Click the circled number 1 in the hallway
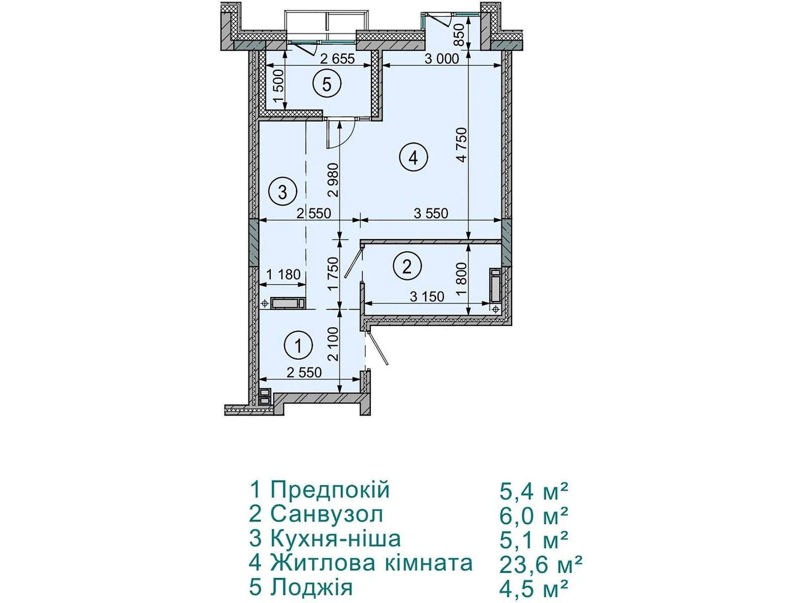[x=298, y=345]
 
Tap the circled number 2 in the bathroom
[x=408, y=266]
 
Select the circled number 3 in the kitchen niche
[x=282, y=191]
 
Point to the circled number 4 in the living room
[x=413, y=158]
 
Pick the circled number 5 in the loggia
[x=327, y=84]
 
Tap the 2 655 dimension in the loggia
[x=338, y=59]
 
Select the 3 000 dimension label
[x=442, y=59]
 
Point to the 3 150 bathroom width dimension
[x=427, y=296]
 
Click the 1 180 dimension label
[x=283, y=274]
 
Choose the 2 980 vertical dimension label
[x=334, y=180]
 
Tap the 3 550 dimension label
[x=431, y=214]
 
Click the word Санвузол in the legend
[x=327, y=515]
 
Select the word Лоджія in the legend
[x=312, y=587]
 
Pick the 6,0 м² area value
[x=534, y=516]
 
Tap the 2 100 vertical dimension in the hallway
[x=334, y=344]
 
